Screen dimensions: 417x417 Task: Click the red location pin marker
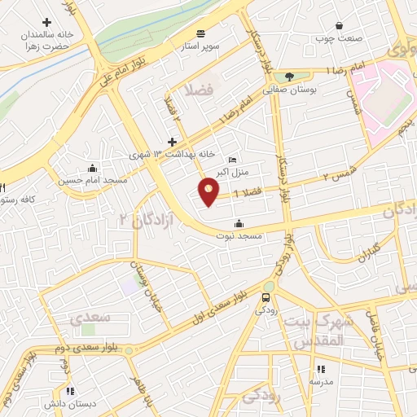[209, 191]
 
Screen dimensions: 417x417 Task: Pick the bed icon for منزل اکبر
[233, 160]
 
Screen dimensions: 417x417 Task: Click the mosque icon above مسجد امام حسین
[89, 168]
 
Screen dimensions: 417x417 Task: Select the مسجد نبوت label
[239, 235]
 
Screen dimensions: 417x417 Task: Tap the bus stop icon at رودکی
[267, 297]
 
